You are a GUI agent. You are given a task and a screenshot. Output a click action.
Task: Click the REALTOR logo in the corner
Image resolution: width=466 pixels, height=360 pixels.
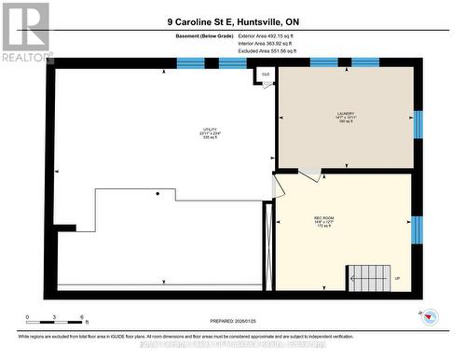25,30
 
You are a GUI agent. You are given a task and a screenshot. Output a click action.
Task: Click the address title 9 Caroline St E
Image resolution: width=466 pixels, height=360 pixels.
233,21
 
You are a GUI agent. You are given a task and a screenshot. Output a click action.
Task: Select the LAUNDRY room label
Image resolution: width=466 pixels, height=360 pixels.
346,116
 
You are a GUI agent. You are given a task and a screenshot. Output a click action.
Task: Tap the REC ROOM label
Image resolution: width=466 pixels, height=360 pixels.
323,222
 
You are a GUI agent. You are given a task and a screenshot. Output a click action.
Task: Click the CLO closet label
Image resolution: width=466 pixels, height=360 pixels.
266,74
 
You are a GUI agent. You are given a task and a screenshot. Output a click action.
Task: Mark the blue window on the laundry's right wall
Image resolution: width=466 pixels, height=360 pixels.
418,122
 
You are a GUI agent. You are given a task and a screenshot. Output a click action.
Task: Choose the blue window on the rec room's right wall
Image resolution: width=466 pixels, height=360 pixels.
417,228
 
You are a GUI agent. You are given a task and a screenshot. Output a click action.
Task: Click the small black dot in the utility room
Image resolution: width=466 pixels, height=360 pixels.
158,193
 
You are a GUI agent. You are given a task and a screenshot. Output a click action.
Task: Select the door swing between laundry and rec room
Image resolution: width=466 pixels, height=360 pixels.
309,174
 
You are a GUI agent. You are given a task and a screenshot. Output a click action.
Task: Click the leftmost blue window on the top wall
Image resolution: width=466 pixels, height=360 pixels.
190,63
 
